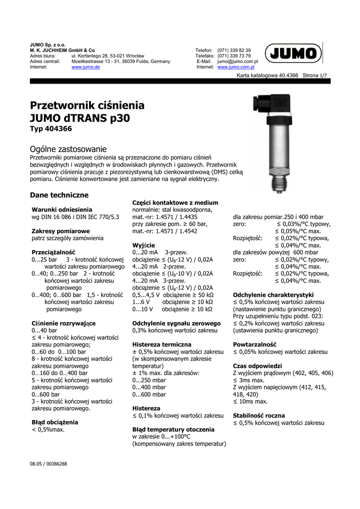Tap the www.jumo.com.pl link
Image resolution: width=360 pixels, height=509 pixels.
(x=236, y=67)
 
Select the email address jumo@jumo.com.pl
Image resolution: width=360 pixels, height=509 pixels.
(x=238, y=62)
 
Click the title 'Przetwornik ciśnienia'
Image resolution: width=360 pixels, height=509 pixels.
(x=88, y=105)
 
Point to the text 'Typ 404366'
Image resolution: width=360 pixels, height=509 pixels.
(x=51, y=129)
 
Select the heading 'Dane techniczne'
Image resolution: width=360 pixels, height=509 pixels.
(x=59, y=195)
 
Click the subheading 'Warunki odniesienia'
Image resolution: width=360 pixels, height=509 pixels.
(x=62, y=210)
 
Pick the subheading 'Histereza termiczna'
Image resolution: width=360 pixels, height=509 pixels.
(x=162, y=344)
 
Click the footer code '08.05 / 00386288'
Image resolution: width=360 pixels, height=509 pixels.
(x=49, y=464)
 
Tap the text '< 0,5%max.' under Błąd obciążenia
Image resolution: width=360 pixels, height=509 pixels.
(x=48, y=429)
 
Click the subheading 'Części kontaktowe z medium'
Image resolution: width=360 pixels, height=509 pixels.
(x=175, y=202)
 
